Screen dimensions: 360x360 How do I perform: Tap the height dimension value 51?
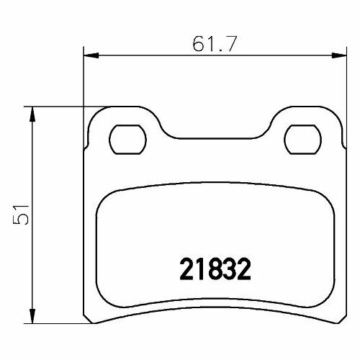[x=23, y=213]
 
